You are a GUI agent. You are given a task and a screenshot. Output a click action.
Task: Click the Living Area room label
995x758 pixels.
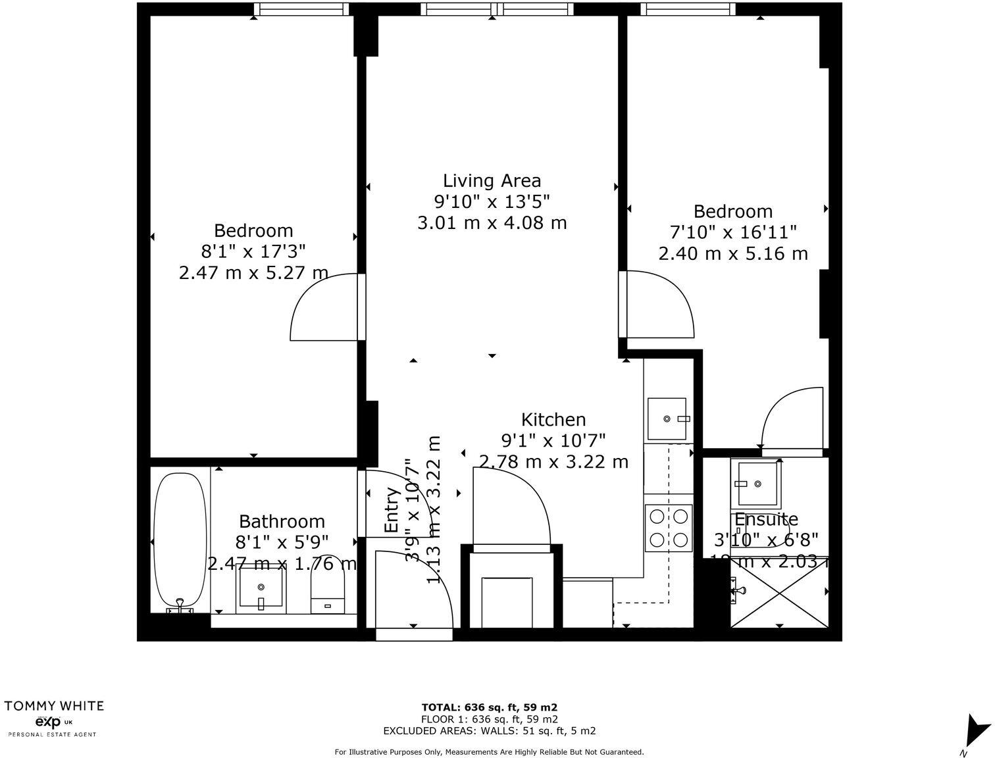[x=492, y=180]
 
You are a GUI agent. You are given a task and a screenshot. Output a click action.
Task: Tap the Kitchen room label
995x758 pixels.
[x=553, y=420]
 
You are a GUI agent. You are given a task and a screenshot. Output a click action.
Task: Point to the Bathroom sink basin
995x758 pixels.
[x=261, y=589]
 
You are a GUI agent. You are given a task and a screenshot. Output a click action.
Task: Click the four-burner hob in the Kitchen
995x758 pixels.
[x=669, y=528]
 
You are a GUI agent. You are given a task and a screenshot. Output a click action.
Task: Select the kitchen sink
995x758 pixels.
[x=667, y=418]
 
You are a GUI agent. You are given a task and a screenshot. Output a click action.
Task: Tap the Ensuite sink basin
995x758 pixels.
[x=756, y=484]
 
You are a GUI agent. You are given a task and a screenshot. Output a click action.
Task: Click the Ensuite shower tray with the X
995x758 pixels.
[x=779, y=598]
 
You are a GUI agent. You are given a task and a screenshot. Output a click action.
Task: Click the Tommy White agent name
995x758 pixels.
[x=54, y=706]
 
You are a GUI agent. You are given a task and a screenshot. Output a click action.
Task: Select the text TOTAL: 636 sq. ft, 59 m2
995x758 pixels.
[x=490, y=708]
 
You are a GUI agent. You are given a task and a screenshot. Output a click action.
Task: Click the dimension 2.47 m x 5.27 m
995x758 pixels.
[x=253, y=272]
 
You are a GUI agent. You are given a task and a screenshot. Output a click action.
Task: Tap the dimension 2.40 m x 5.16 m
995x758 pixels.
[x=732, y=253]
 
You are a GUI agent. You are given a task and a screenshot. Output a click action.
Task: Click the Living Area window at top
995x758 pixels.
[x=496, y=9]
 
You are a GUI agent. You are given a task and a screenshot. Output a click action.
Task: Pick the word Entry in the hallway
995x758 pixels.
[x=392, y=510]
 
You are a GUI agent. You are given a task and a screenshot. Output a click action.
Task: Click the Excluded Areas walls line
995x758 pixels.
[x=490, y=730]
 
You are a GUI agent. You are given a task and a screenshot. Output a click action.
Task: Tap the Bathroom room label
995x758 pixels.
[x=282, y=522]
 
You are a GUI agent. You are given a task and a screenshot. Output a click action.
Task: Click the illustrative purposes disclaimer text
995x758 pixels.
[x=489, y=751]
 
